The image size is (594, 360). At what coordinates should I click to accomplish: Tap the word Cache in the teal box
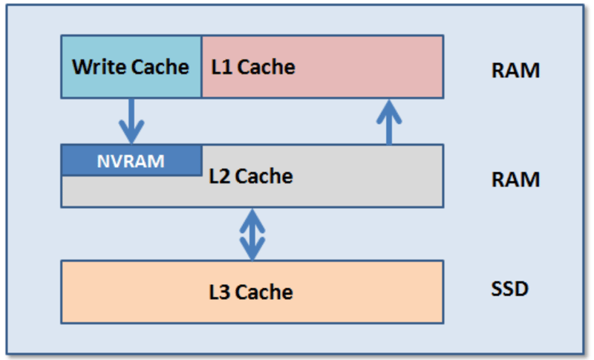click(x=159, y=67)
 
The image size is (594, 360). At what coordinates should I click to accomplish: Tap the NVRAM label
click(x=131, y=160)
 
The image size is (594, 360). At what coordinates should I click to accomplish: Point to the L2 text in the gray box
click(x=220, y=177)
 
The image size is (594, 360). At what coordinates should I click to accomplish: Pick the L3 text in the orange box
click(x=220, y=292)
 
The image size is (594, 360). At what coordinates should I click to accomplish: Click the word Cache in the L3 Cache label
click(x=264, y=292)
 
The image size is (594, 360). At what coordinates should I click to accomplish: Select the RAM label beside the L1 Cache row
click(x=515, y=71)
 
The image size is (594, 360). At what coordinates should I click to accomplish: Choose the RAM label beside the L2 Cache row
click(x=515, y=180)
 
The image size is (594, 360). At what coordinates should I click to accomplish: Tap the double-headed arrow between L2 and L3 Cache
click(x=252, y=234)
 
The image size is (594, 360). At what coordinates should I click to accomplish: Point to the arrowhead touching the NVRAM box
click(x=131, y=137)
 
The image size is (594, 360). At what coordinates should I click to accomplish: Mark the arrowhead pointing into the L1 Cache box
click(x=388, y=106)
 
